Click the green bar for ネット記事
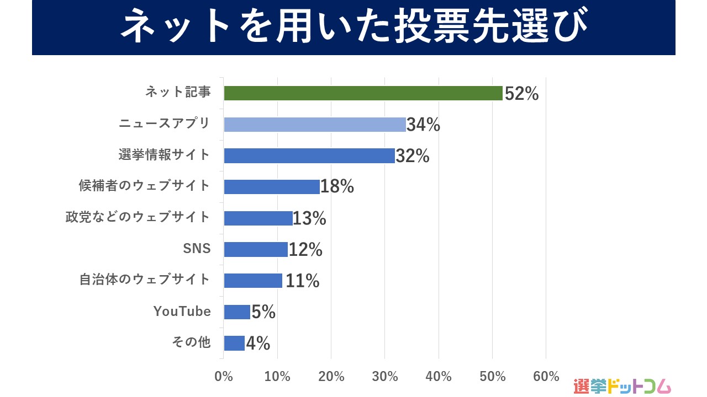pos(363,93)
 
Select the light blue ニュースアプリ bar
pos(315,125)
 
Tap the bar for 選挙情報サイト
pos(309,155)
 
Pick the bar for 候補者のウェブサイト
pos(272,187)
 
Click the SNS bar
pos(256,249)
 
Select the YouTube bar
pos(237,312)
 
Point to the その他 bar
pos(234,343)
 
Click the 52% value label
pos(521,94)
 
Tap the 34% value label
pos(423,125)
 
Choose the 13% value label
pos(309,219)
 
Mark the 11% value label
pos(302,281)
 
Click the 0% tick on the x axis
pos(224,377)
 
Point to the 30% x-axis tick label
pos(385,377)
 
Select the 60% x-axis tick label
pos(546,377)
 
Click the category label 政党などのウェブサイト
pos(138,217)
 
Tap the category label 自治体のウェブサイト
pos(145,280)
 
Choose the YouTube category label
pos(182,312)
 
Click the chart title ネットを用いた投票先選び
pos(353,28)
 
